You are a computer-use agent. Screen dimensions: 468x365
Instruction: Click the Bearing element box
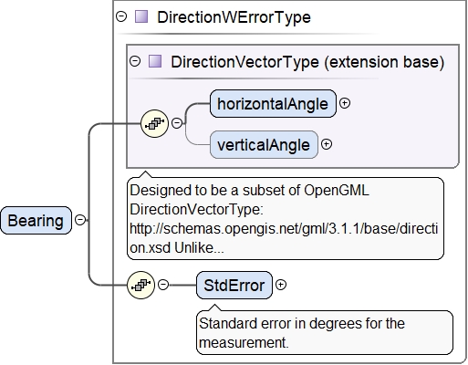[36, 221]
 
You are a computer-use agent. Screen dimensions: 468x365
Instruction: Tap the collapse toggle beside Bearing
[80, 220]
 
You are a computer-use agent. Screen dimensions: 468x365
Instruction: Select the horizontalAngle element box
[273, 104]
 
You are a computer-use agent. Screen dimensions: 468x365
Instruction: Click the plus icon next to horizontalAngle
[345, 103]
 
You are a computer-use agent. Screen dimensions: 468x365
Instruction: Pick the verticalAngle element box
[264, 145]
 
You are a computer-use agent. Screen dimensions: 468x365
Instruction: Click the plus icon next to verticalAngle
[327, 144]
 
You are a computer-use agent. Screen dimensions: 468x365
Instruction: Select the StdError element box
[234, 286]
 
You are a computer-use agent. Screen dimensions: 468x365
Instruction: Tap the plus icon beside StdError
[281, 285]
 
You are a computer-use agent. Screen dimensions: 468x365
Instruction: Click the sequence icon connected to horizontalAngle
[154, 123]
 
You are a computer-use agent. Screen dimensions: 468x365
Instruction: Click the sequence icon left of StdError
[140, 285]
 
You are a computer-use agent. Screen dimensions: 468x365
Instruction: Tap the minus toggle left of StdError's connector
[163, 285]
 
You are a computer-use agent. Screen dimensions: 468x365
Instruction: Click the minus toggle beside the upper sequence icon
[177, 123]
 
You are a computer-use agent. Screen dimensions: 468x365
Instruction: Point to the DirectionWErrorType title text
[234, 17]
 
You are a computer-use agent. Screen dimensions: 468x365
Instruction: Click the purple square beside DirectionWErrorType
[141, 16]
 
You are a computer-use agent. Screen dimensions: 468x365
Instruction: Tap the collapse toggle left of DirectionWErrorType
[121, 16]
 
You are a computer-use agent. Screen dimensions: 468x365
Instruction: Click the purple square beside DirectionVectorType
[155, 61]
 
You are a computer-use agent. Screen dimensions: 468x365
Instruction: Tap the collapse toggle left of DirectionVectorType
[135, 61]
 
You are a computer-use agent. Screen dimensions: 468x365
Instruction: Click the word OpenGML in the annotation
[337, 191]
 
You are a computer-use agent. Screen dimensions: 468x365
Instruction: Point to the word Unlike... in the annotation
[199, 248]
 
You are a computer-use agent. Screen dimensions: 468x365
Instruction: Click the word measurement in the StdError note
[244, 343]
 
